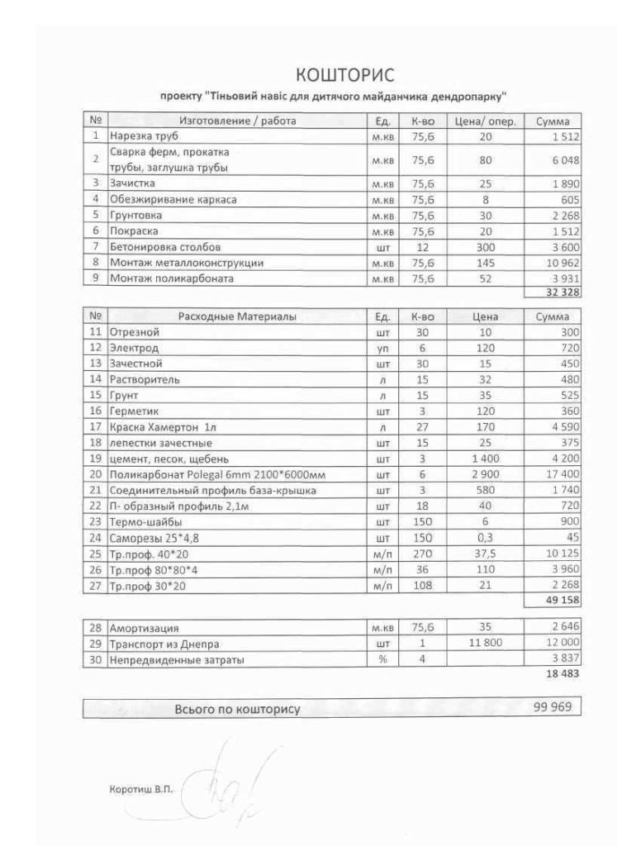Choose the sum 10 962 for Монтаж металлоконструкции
click(559, 263)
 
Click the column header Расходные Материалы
click(238, 316)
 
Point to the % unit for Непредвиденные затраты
click(382, 659)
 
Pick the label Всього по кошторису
click(237, 709)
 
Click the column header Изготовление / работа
click(238, 121)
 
